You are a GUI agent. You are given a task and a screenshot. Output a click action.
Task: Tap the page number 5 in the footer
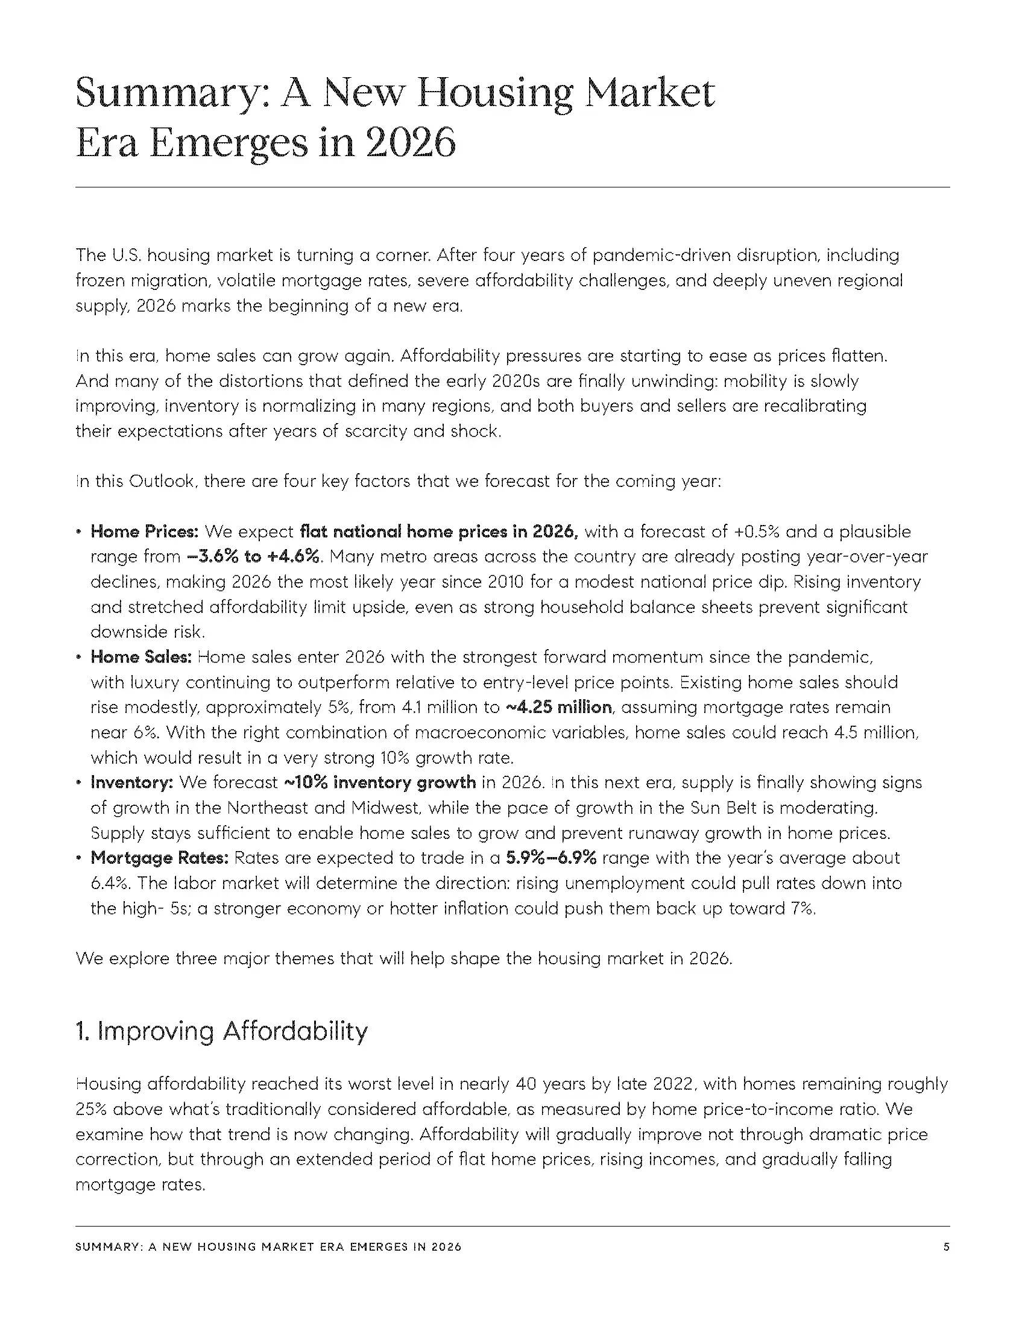(946, 1247)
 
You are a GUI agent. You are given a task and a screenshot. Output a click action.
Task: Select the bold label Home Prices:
(145, 532)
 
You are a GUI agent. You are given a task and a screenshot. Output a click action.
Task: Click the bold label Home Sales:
(141, 658)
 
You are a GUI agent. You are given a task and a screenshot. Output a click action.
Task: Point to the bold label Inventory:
(132, 782)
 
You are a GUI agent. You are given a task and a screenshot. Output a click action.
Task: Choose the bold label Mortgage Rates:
(159, 858)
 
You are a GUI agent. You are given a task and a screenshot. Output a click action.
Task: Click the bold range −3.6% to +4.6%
(253, 557)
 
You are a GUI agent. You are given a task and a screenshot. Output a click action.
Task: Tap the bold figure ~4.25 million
(558, 708)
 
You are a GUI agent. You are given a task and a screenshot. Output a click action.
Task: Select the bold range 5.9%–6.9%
(550, 858)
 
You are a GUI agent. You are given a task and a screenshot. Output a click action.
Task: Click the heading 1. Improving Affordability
(222, 1031)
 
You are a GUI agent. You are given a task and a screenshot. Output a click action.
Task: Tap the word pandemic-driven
(661, 255)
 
